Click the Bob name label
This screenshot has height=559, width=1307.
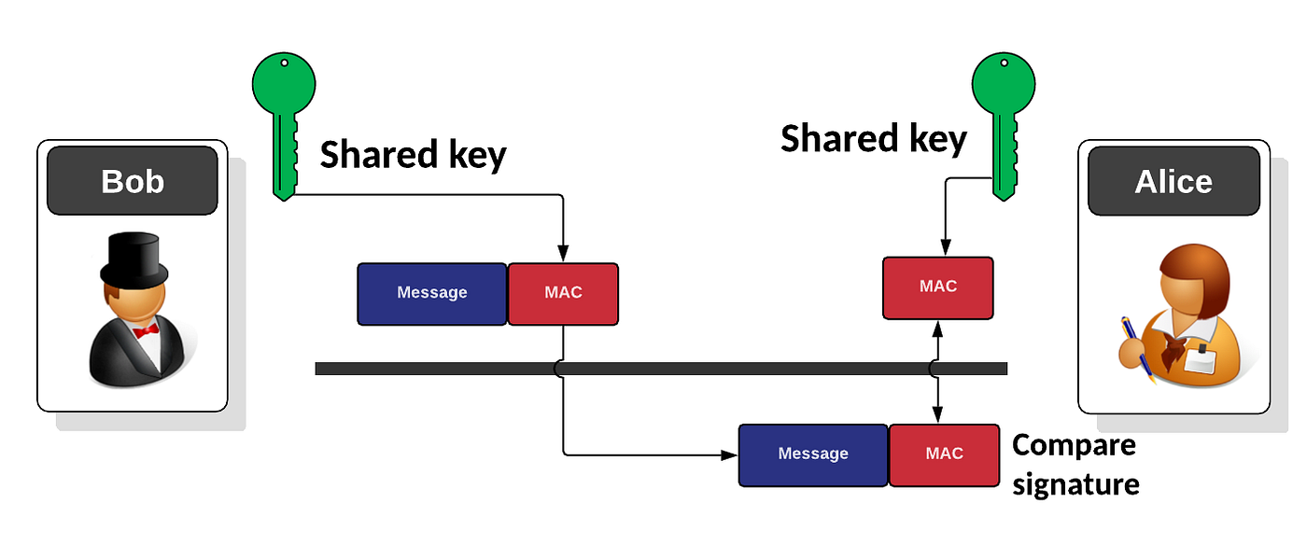[x=133, y=180]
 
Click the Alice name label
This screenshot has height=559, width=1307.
[x=1173, y=180]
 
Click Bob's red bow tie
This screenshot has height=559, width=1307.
[x=146, y=331]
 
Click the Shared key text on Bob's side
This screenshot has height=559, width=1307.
[x=413, y=155]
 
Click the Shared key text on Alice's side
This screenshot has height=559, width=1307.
[x=873, y=139]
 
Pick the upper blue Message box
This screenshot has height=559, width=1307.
[x=432, y=293]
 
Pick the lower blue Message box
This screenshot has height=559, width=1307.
[x=813, y=454]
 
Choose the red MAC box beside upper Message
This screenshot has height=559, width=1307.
[x=563, y=293]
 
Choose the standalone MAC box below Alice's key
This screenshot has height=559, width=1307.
[x=937, y=287]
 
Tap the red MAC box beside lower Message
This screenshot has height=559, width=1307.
[x=944, y=454]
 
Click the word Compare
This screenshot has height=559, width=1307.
[x=1074, y=445]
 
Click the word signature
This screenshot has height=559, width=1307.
[x=1075, y=484]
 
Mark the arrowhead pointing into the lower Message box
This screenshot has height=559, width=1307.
[x=730, y=455]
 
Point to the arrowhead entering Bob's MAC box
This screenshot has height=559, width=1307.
[x=563, y=254]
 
